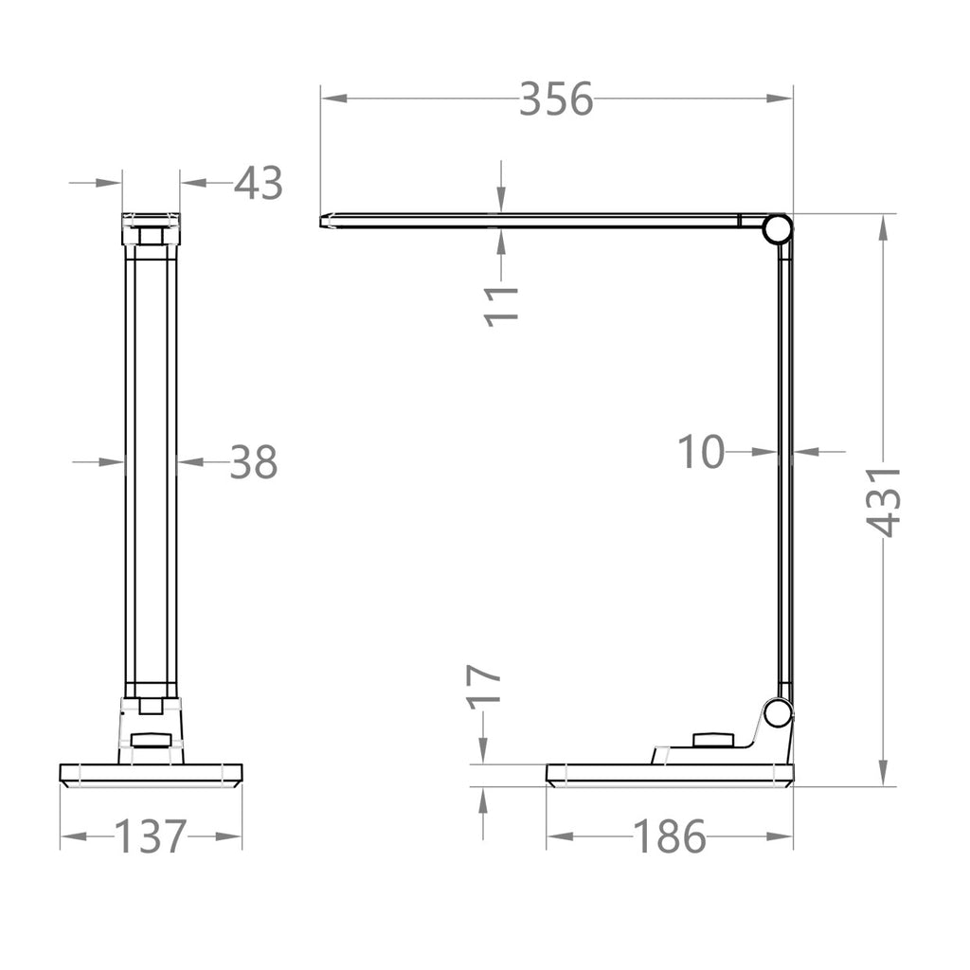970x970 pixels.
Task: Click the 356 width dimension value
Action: [555, 99]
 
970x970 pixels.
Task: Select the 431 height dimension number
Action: [886, 501]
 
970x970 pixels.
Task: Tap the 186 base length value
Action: [669, 836]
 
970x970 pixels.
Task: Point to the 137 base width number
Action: [151, 836]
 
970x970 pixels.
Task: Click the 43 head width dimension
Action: [259, 183]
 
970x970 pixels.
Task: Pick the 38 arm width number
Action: [254, 462]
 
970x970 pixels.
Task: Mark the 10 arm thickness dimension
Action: [701, 453]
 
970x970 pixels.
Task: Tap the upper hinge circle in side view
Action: [778, 228]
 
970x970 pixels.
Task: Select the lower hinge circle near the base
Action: [778, 712]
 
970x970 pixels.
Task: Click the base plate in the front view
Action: [152, 774]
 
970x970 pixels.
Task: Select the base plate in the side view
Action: [669, 775]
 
